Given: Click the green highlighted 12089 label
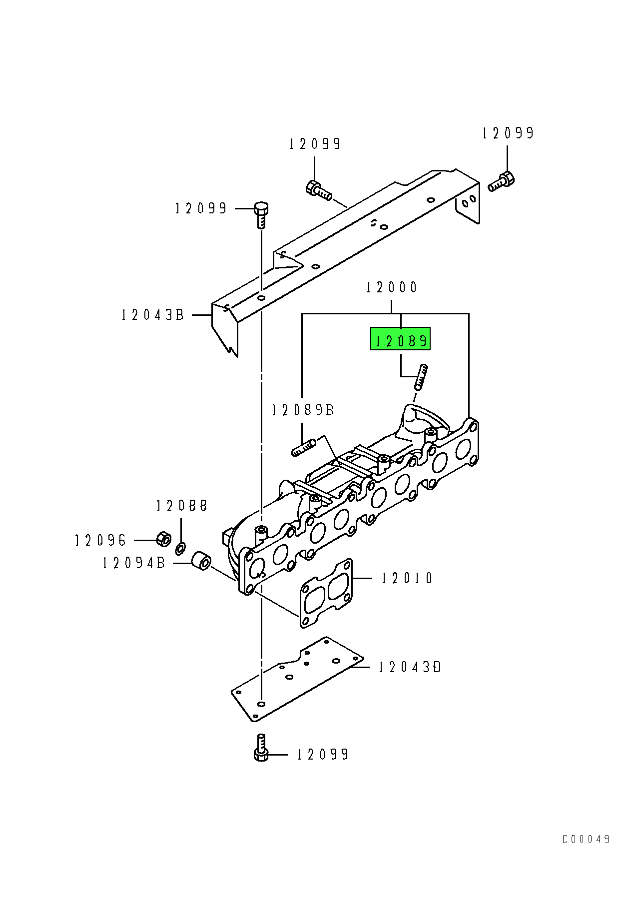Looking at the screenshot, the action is click(x=400, y=339).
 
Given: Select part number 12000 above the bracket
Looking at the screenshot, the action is click(x=392, y=287).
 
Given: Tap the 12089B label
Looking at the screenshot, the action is click(x=303, y=410).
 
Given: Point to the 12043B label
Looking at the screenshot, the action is click(x=153, y=315).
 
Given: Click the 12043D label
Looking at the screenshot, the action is click(x=410, y=667).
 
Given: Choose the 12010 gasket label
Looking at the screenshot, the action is click(x=407, y=578).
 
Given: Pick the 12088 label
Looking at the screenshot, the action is click(x=181, y=506).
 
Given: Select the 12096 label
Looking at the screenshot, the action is click(x=100, y=540).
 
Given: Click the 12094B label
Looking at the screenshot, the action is click(x=133, y=563).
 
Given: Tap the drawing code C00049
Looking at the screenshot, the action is click(x=586, y=839).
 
